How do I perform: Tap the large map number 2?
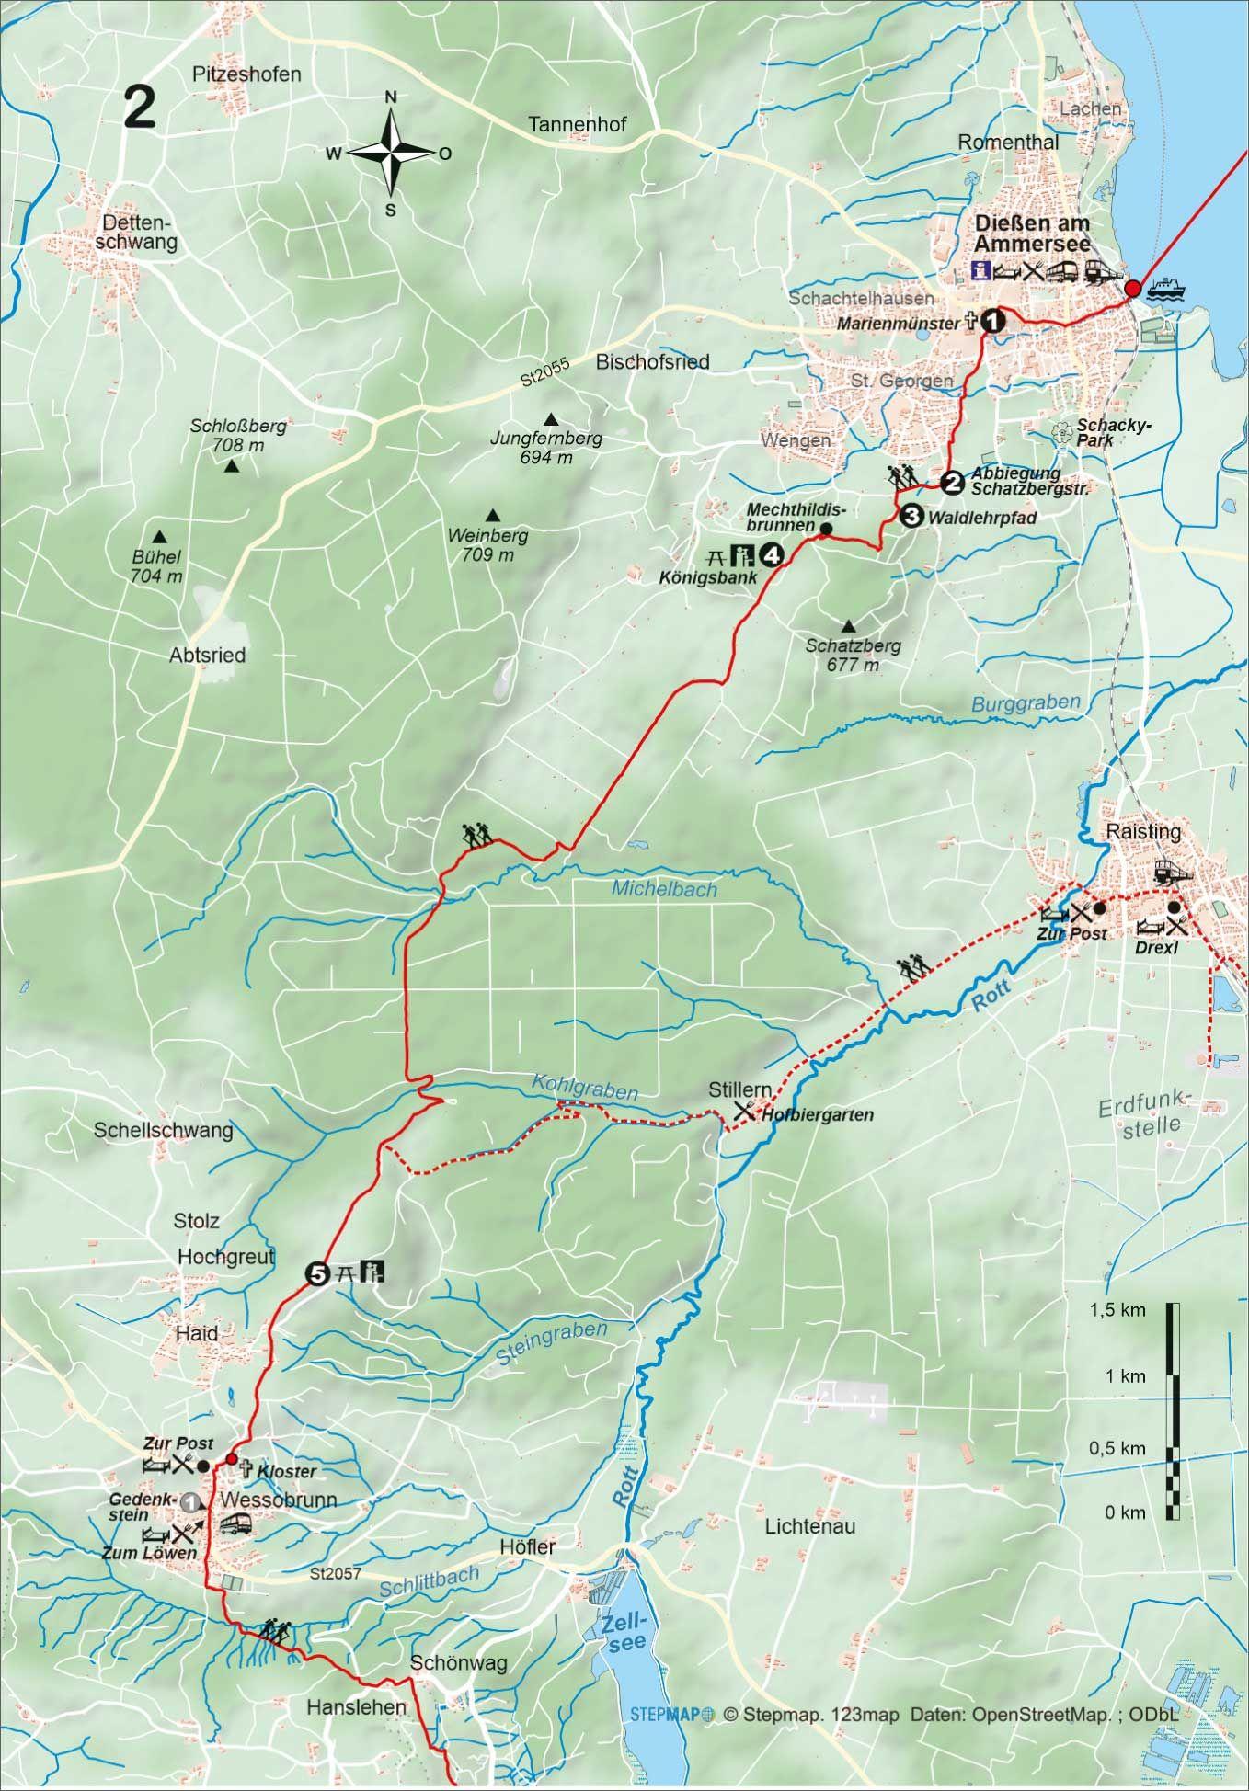tap(139, 109)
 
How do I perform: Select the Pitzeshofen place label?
tap(247, 74)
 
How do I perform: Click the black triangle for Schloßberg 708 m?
tap(232, 467)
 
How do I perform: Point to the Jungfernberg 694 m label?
tap(545, 448)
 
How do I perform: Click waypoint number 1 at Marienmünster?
tap(992, 321)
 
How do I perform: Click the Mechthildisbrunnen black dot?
tap(825, 529)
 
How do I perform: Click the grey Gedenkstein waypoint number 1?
tap(191, 1501)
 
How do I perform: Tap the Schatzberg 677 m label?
tap(853, 655)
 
